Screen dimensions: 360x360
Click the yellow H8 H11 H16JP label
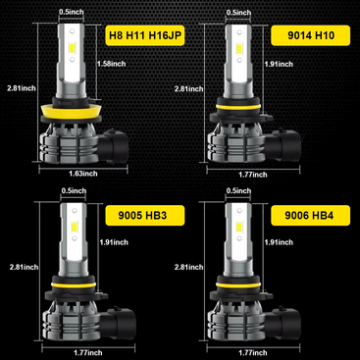click(145, 35)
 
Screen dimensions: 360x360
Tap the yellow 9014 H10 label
click(311, 35)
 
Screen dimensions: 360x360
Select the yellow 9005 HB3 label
click(145, 216)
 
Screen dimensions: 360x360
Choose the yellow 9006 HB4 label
click(311, 216)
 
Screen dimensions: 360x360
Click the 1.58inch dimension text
click(112, 64)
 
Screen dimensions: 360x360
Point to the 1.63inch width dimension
click(83, 174)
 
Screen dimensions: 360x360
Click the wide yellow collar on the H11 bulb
click(70, 111)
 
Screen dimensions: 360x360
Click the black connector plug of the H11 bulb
click(114, 145)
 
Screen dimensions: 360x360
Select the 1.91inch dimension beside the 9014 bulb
click(279, 64)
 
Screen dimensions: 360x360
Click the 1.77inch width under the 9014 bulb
click(253, 175)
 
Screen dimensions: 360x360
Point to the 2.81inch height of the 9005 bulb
click(24, 267)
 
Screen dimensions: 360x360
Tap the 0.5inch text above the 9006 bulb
click(238, 190)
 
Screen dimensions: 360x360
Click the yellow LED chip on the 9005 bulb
click(75, 226)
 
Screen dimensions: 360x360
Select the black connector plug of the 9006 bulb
click(283, 323)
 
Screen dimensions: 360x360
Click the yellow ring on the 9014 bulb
click(237, 107)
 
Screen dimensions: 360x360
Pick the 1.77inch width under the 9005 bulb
click(88, 353)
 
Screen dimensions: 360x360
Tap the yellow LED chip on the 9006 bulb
click(239, 226)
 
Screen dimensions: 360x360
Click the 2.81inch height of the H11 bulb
click(22, 88)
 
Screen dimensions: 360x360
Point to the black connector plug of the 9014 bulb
click(283, 144)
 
